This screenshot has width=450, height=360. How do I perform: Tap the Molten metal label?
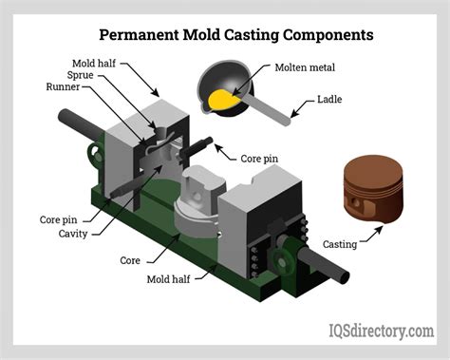pos(309,68)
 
